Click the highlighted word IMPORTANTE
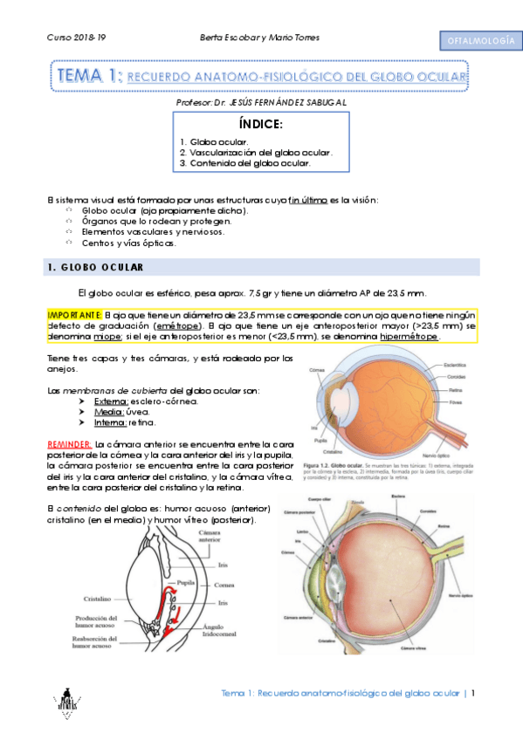(74, 313)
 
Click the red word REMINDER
(67, 444)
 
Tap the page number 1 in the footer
(473, 694)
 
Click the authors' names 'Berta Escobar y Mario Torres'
(260, 38)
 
